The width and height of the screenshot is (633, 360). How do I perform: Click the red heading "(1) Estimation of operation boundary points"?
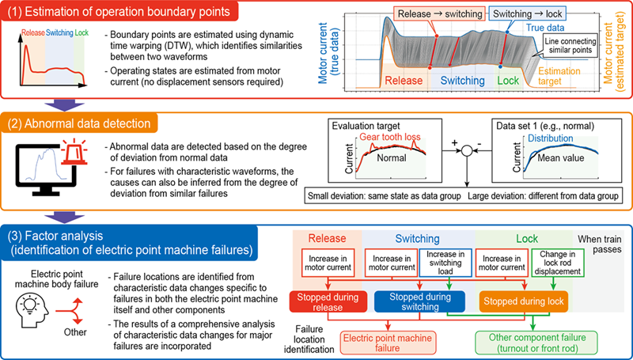119,11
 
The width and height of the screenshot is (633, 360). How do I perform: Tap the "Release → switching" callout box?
440,14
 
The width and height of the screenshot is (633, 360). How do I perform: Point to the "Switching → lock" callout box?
527,14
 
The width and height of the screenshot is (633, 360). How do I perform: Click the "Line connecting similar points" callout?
570,45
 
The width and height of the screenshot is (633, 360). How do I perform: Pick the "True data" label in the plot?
545,28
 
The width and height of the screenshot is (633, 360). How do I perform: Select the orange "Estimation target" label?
559,76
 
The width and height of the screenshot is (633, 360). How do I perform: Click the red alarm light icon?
74,153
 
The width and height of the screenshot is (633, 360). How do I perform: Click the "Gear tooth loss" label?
390,137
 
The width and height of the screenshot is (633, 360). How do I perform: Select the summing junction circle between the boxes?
467,150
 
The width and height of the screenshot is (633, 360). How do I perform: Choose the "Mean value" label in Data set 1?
561,157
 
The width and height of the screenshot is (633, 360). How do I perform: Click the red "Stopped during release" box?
328,302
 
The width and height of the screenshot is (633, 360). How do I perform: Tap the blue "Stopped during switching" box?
420,302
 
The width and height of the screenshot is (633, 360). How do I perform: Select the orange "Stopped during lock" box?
524,302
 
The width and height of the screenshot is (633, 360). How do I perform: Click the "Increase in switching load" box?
445,263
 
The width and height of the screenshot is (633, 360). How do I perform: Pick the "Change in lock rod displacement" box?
557,263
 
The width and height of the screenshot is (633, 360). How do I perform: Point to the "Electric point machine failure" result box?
388,343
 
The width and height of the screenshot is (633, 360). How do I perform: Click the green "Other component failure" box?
537,343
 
